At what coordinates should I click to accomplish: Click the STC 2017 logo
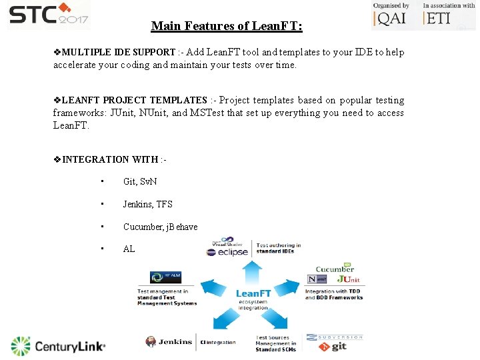(48, 15)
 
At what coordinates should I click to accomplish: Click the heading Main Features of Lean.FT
(226, 27)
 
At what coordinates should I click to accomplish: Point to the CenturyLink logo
(59, 346)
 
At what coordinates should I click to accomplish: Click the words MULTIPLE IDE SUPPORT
(119, 52)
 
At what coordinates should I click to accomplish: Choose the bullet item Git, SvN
(139, 182)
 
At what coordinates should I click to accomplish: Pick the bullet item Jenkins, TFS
(147, 205)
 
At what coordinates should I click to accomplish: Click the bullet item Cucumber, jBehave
(160, 227)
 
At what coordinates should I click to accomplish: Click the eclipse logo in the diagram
(228, 252)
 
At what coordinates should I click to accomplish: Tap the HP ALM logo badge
(165, 277)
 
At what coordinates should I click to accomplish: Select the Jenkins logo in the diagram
(169, 342)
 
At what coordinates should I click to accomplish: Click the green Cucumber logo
(335, 269)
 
